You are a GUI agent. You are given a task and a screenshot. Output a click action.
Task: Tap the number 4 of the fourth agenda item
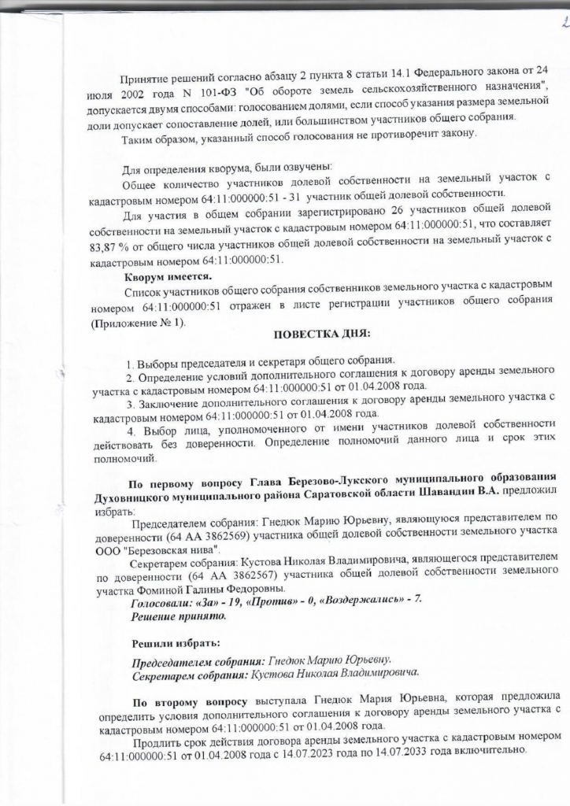131,431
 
